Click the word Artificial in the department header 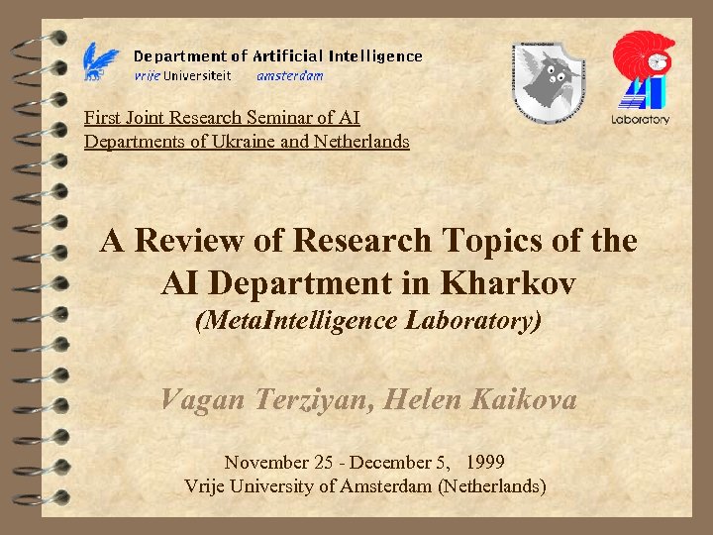(286, 56)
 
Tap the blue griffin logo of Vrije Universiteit (101, 61)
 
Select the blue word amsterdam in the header (289, 75)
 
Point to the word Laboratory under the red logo (641, 120)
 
